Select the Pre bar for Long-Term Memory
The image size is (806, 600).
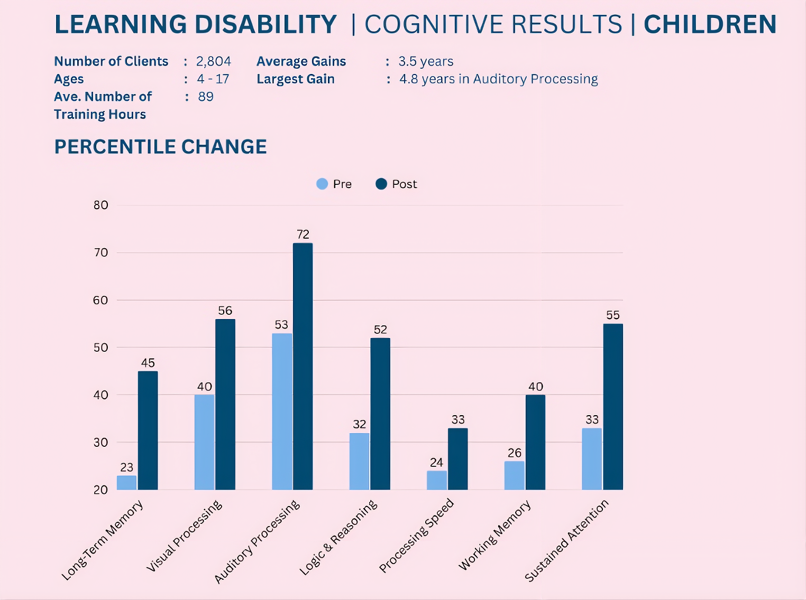(126, 482)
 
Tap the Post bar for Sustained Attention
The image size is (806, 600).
(612, 406)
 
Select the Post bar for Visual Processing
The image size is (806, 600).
(225, 404)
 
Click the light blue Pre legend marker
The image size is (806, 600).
(322, 184)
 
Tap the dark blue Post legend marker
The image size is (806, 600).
(381, 184)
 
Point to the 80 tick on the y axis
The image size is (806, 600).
(101, 205)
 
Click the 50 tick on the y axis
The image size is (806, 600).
(101, 348)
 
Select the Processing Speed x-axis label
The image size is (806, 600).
(417, 536)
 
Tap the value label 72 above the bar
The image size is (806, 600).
(303, 234)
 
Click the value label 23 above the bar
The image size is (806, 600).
(126, 467)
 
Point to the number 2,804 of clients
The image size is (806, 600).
(214, 62)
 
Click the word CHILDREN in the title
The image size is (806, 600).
(710, 24)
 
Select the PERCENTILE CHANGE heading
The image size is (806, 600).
(160, 147)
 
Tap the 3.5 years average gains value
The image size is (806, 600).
(426, 62)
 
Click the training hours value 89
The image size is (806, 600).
(206, 97)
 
